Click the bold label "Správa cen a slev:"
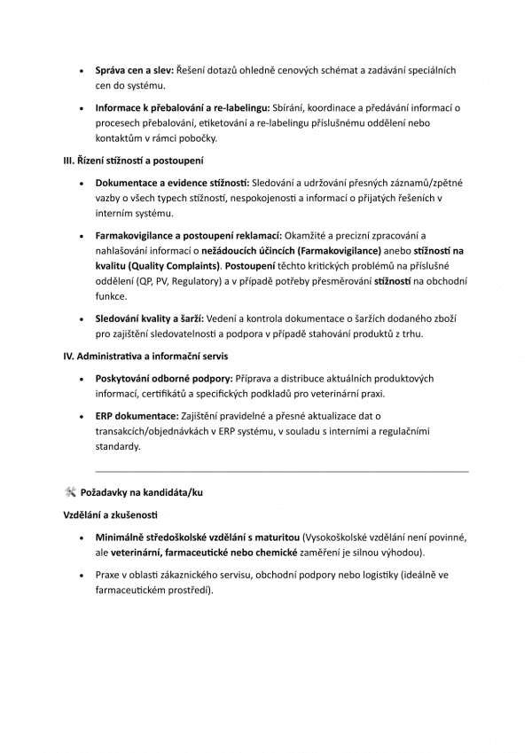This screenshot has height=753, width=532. click(x=135, y=69)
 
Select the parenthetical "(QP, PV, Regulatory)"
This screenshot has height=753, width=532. click(x=183, y=281)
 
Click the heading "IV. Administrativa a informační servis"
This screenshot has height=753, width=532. click(x=145, y=357)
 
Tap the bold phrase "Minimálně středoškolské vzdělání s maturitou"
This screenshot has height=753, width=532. click(x=198, y=537)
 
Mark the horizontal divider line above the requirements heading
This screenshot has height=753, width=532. click(x=281, y=471)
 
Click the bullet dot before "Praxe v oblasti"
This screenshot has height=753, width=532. click(x=82, y=575)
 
